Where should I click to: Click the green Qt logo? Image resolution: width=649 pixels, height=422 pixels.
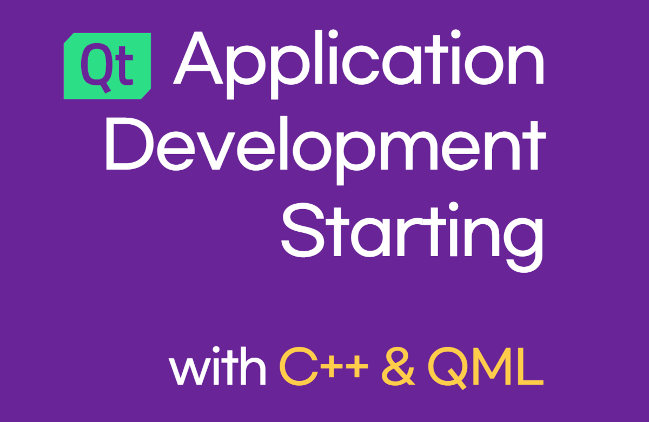click(x=107, y=66)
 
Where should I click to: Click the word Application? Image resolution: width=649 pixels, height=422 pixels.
click(x=359, y=64)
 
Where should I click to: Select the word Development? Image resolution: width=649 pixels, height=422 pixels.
click(x=326, y=151)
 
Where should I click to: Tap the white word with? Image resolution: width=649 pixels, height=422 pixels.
click(x=217, y=366)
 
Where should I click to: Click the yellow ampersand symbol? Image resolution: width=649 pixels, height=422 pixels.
click(x=398, y=367)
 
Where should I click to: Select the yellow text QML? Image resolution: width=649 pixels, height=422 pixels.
click(x=486, y=367)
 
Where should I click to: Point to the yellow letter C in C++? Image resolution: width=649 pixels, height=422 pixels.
click(x=299, y=367)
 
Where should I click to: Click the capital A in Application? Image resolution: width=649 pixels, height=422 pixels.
click(x=198, y=58)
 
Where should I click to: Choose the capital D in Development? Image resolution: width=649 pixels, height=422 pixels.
click(x=129, y=143)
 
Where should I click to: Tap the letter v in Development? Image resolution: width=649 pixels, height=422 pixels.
click(x=216, y=151)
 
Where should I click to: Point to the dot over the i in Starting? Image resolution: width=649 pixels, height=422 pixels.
click(x=453, y=207)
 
